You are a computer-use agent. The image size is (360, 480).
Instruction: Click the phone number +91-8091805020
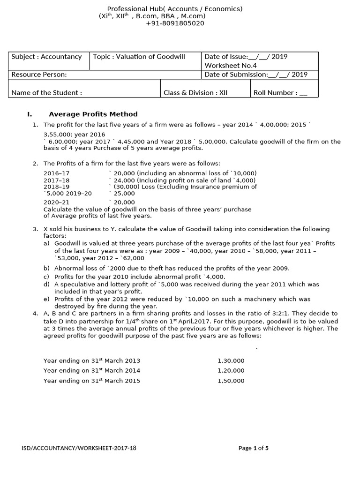175,23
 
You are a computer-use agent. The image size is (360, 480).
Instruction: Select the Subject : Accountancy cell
46,57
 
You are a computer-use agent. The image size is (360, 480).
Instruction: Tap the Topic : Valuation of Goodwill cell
139,57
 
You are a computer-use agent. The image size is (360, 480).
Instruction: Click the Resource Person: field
39,75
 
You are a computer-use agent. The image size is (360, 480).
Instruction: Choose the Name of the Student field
46,92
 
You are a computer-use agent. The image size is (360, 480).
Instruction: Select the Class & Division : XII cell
195,92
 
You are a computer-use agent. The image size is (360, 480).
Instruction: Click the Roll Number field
280,92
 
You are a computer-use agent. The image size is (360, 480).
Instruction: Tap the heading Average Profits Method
93,114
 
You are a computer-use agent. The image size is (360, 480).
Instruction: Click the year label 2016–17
56,173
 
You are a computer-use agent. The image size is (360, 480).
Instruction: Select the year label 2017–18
56,180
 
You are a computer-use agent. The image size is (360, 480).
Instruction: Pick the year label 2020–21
56,202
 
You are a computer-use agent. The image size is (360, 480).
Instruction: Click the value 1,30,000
231,360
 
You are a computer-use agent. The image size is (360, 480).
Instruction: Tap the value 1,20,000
231,370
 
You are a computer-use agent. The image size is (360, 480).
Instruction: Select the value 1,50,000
231,381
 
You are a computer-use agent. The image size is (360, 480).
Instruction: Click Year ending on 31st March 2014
91,370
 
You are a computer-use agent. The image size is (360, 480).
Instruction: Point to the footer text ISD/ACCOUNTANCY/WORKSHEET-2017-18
79,448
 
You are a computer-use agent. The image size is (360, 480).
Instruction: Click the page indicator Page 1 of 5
254,448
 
